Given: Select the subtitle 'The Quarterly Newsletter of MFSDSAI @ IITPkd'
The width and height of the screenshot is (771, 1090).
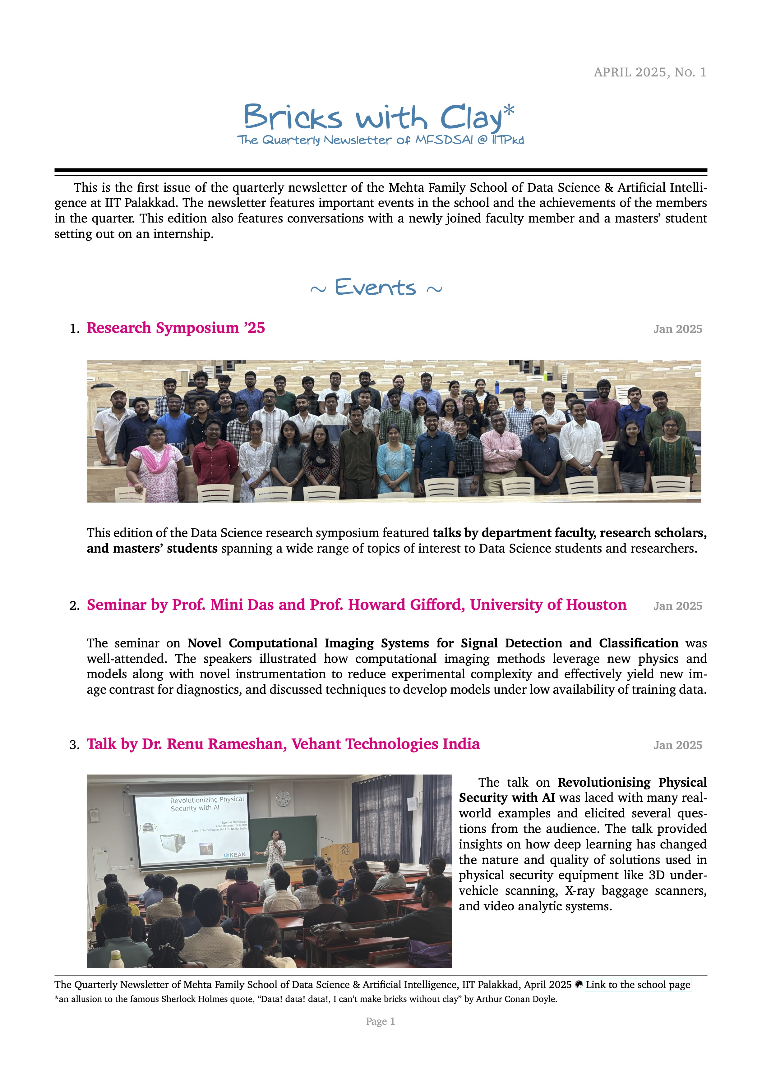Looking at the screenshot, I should (x=380, y=140).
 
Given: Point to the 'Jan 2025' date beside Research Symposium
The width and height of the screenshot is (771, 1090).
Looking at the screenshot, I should (x=677, y=329).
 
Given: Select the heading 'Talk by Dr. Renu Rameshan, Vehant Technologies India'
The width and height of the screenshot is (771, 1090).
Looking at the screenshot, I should (x=283, y=744).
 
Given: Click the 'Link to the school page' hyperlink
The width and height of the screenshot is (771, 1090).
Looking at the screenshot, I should (x=638, y=985).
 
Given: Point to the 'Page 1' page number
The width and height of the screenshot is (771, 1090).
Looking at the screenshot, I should (x=380, y=1021).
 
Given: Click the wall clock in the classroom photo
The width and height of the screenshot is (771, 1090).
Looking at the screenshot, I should (x=283, y=798).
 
